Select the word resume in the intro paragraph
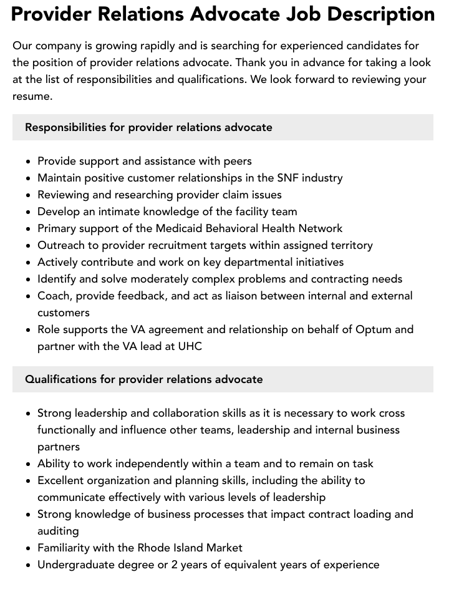[31, 97]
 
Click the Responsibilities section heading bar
[223, 127]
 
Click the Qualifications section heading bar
[223, 379]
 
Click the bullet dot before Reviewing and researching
[28, 195]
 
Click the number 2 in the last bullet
[176, 565]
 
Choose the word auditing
[58, 531]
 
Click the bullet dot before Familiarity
[28, 548]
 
